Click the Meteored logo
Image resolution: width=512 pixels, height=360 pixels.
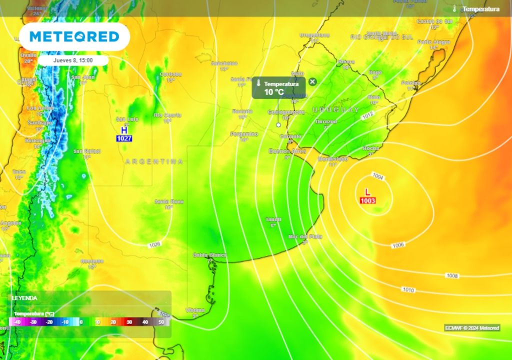[x=74, y=36]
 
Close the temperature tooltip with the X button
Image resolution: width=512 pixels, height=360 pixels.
[x=312, y=81]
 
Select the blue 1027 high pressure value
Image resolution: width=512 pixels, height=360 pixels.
[x=124, y=138]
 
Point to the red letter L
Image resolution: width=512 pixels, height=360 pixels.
[x=367, y=192]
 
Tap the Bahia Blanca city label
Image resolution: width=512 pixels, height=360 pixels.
[x=210, y=255]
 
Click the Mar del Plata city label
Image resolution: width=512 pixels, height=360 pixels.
[x=305, y=236]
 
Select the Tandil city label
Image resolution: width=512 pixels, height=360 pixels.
[x=273, y=219]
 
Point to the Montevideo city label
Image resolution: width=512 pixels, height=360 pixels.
[x=332, y=158]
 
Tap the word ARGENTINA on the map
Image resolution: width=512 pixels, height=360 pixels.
[x=154, y=161]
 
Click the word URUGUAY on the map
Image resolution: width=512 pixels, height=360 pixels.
[x=335, y=109]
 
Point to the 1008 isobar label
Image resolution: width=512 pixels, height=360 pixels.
[x=452, y=275]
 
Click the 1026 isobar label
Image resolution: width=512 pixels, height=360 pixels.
[x=155, y=244]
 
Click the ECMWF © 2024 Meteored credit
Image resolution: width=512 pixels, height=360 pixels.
[x=472, y=328]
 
